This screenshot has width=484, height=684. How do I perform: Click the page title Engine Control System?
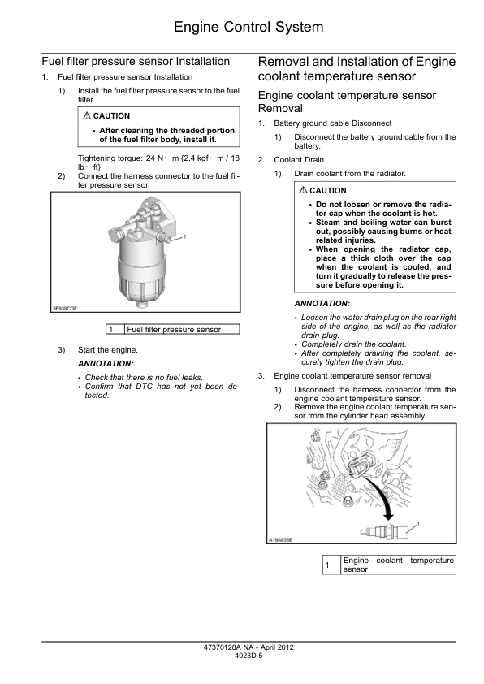tap(248, 27)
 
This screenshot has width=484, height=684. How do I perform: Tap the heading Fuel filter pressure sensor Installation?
tap(136, 62)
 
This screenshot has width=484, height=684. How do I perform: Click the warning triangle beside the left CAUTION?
tap(86, 115)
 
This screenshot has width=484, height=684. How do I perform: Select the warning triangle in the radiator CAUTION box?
tap(303, 190)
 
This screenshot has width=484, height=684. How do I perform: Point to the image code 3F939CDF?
tap(64, 309)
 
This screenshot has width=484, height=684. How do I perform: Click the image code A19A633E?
tap(280, 540)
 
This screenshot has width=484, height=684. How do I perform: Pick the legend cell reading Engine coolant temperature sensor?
tap(399, 565)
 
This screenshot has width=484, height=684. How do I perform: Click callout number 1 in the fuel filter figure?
tap(185, 236)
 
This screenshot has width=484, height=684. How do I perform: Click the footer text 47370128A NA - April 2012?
tap(248, 647)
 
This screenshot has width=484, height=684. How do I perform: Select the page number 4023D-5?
tap(248, 656)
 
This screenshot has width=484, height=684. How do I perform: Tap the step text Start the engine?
tap(108, 350)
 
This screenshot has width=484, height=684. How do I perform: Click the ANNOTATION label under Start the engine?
tap(106, 363)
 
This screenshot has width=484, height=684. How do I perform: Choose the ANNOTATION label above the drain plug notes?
tap(322, 303)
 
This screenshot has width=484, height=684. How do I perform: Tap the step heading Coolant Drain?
tap(299, 160)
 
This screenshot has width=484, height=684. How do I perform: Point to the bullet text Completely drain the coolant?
tap(353, 344)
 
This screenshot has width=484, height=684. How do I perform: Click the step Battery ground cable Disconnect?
tap(333, 123)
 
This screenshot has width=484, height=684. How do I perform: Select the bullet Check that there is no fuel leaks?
tap(144, 377)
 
